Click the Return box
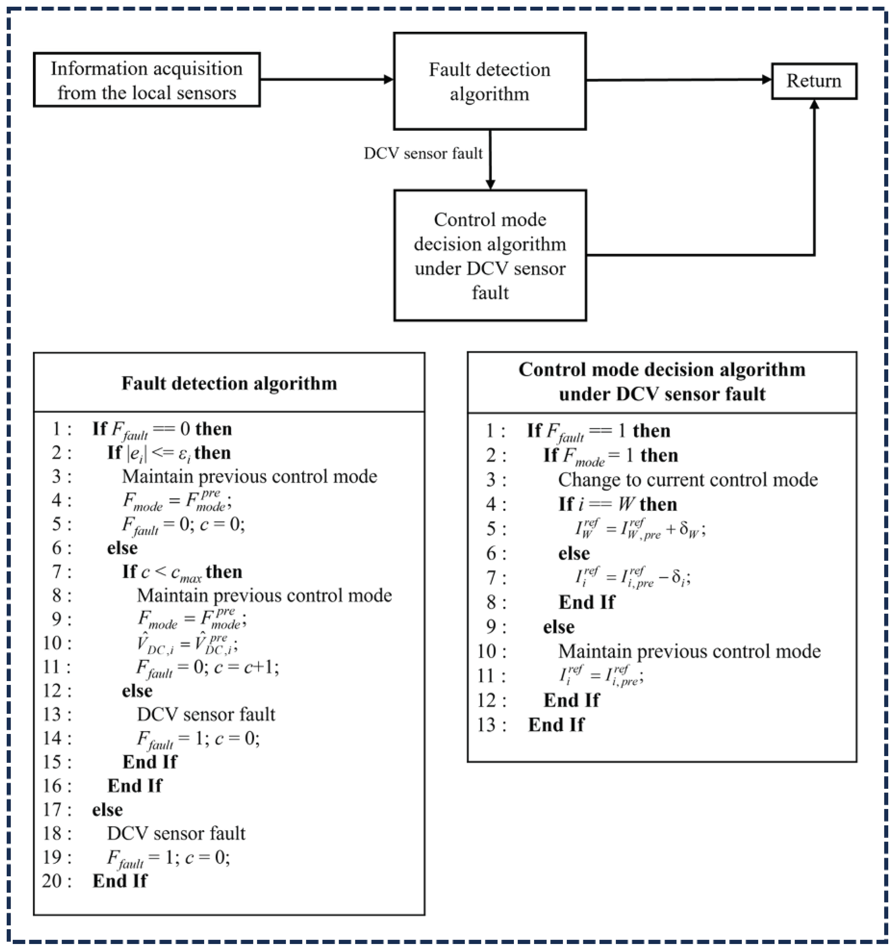pos(814,81)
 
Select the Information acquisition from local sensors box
pos(147,80)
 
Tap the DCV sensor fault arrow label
pos(423,153)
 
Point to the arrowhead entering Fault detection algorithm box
pos(388,79)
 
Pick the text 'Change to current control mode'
pos(688,480)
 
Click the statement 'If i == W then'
pos(618,504)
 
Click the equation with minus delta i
pos(632,578)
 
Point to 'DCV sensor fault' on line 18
pos(176,833)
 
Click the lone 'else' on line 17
pos(108,809)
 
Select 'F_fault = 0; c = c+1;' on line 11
pos(207,667)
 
